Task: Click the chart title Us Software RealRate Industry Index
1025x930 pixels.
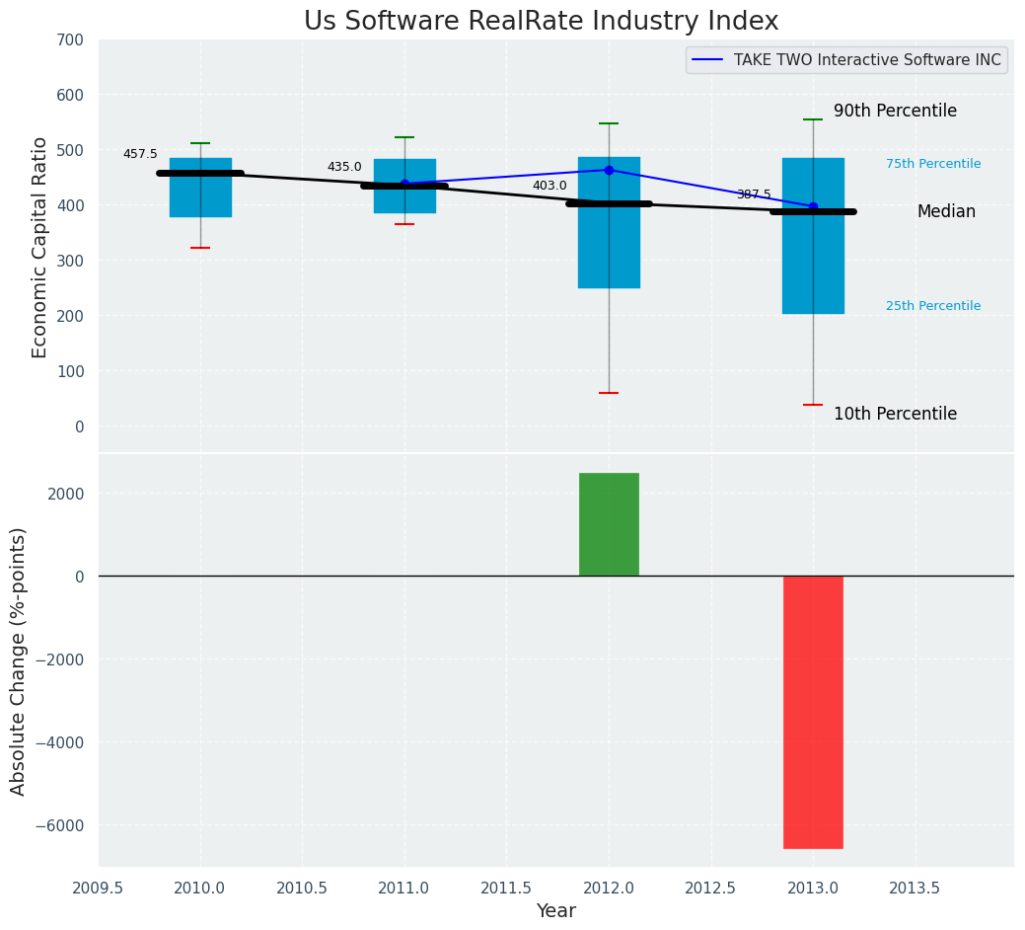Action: point(541,22)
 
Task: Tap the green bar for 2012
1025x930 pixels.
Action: point(609,524)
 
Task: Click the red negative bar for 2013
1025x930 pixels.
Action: point(813,712)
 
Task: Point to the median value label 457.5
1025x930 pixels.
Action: point(140,155)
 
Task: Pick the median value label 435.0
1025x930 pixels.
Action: point(344,168)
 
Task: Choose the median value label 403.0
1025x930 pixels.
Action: point(549,186)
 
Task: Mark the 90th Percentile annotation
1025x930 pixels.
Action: point(895,112)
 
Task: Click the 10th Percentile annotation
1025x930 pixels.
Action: point(895,415)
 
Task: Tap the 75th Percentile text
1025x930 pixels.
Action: point(933,164)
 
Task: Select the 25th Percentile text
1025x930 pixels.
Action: point(933,306)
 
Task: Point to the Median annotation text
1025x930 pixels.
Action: point(946,212)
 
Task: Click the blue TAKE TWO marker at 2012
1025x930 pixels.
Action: point(609,170)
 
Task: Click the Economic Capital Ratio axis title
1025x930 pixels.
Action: point(40,247)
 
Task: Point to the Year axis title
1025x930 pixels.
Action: point(556,911)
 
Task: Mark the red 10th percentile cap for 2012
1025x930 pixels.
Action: point(609,393)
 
